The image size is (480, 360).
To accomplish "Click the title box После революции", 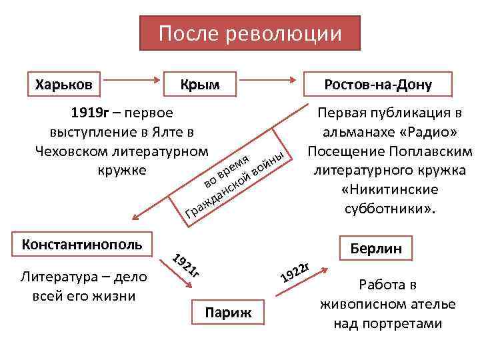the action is pos(249,33).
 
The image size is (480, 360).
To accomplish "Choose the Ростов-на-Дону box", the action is pos(377,85).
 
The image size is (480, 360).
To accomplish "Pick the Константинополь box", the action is pos(81,244).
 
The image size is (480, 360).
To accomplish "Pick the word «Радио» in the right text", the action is pos(423,131).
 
